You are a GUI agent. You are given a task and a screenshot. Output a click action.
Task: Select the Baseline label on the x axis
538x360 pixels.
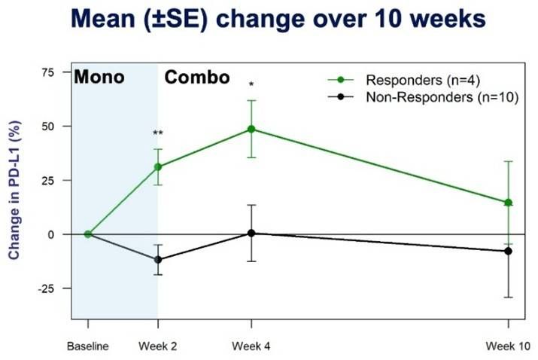point(88,347)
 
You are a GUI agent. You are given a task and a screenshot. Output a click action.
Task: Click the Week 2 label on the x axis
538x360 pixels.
point(157,347)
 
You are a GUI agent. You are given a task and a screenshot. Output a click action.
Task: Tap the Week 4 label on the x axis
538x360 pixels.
point(252,347)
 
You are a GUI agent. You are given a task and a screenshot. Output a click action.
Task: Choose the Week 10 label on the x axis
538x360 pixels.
point(508,347)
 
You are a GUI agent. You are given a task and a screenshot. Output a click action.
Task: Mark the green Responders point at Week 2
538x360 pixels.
point(158,167)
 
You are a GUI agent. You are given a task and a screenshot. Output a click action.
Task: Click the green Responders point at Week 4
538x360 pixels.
point(251,130)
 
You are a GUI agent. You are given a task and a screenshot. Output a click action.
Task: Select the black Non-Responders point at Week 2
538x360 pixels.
point(158,260)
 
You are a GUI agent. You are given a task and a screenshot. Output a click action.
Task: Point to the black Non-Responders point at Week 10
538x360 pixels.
point(508,251)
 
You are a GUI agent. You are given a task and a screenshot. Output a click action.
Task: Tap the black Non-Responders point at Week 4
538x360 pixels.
point(251,233)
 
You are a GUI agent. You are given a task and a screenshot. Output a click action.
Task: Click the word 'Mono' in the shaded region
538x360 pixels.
point(99,77)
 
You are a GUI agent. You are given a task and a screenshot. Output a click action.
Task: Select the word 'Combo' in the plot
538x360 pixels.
point(197,77)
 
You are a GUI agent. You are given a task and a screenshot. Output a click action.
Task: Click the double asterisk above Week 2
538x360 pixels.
point(158,133)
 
